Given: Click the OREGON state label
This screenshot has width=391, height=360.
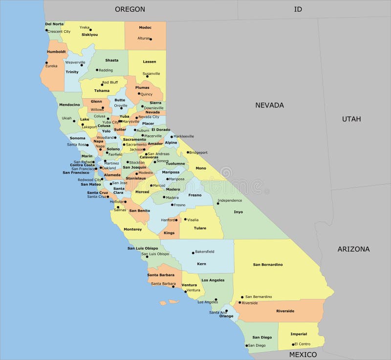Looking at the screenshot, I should pos(130,9).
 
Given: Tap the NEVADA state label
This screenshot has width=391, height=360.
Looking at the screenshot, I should pos(269,105).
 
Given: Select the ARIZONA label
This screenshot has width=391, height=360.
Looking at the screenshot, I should pos(353,249).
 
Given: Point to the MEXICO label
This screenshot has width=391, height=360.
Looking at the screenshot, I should pos(303,354).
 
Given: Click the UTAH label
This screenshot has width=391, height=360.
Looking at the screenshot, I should pos(351,119).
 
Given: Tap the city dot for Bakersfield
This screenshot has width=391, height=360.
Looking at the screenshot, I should pos(193,252).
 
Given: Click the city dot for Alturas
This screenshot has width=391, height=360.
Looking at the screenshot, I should pos(151,39).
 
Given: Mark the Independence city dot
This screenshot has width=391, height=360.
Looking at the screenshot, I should pos(217,203).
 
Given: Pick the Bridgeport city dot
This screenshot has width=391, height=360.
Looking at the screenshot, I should pos(188,152).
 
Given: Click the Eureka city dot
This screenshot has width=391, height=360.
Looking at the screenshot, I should pos(47,63).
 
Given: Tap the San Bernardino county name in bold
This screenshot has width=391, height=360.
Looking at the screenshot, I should pos(268,264).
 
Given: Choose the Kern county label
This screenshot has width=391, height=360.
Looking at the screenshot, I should pos(201,264).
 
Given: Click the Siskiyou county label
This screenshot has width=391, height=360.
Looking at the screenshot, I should pos(89,35).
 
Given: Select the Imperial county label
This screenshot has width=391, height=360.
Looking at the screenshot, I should pos(299,334).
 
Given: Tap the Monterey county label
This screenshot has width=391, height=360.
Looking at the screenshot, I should pos(132,229).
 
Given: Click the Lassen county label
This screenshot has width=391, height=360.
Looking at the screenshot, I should pos(150,62).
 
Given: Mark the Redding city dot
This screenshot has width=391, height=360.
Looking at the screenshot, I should pos(97,70).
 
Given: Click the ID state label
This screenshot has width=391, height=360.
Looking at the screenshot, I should pos(298,9).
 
